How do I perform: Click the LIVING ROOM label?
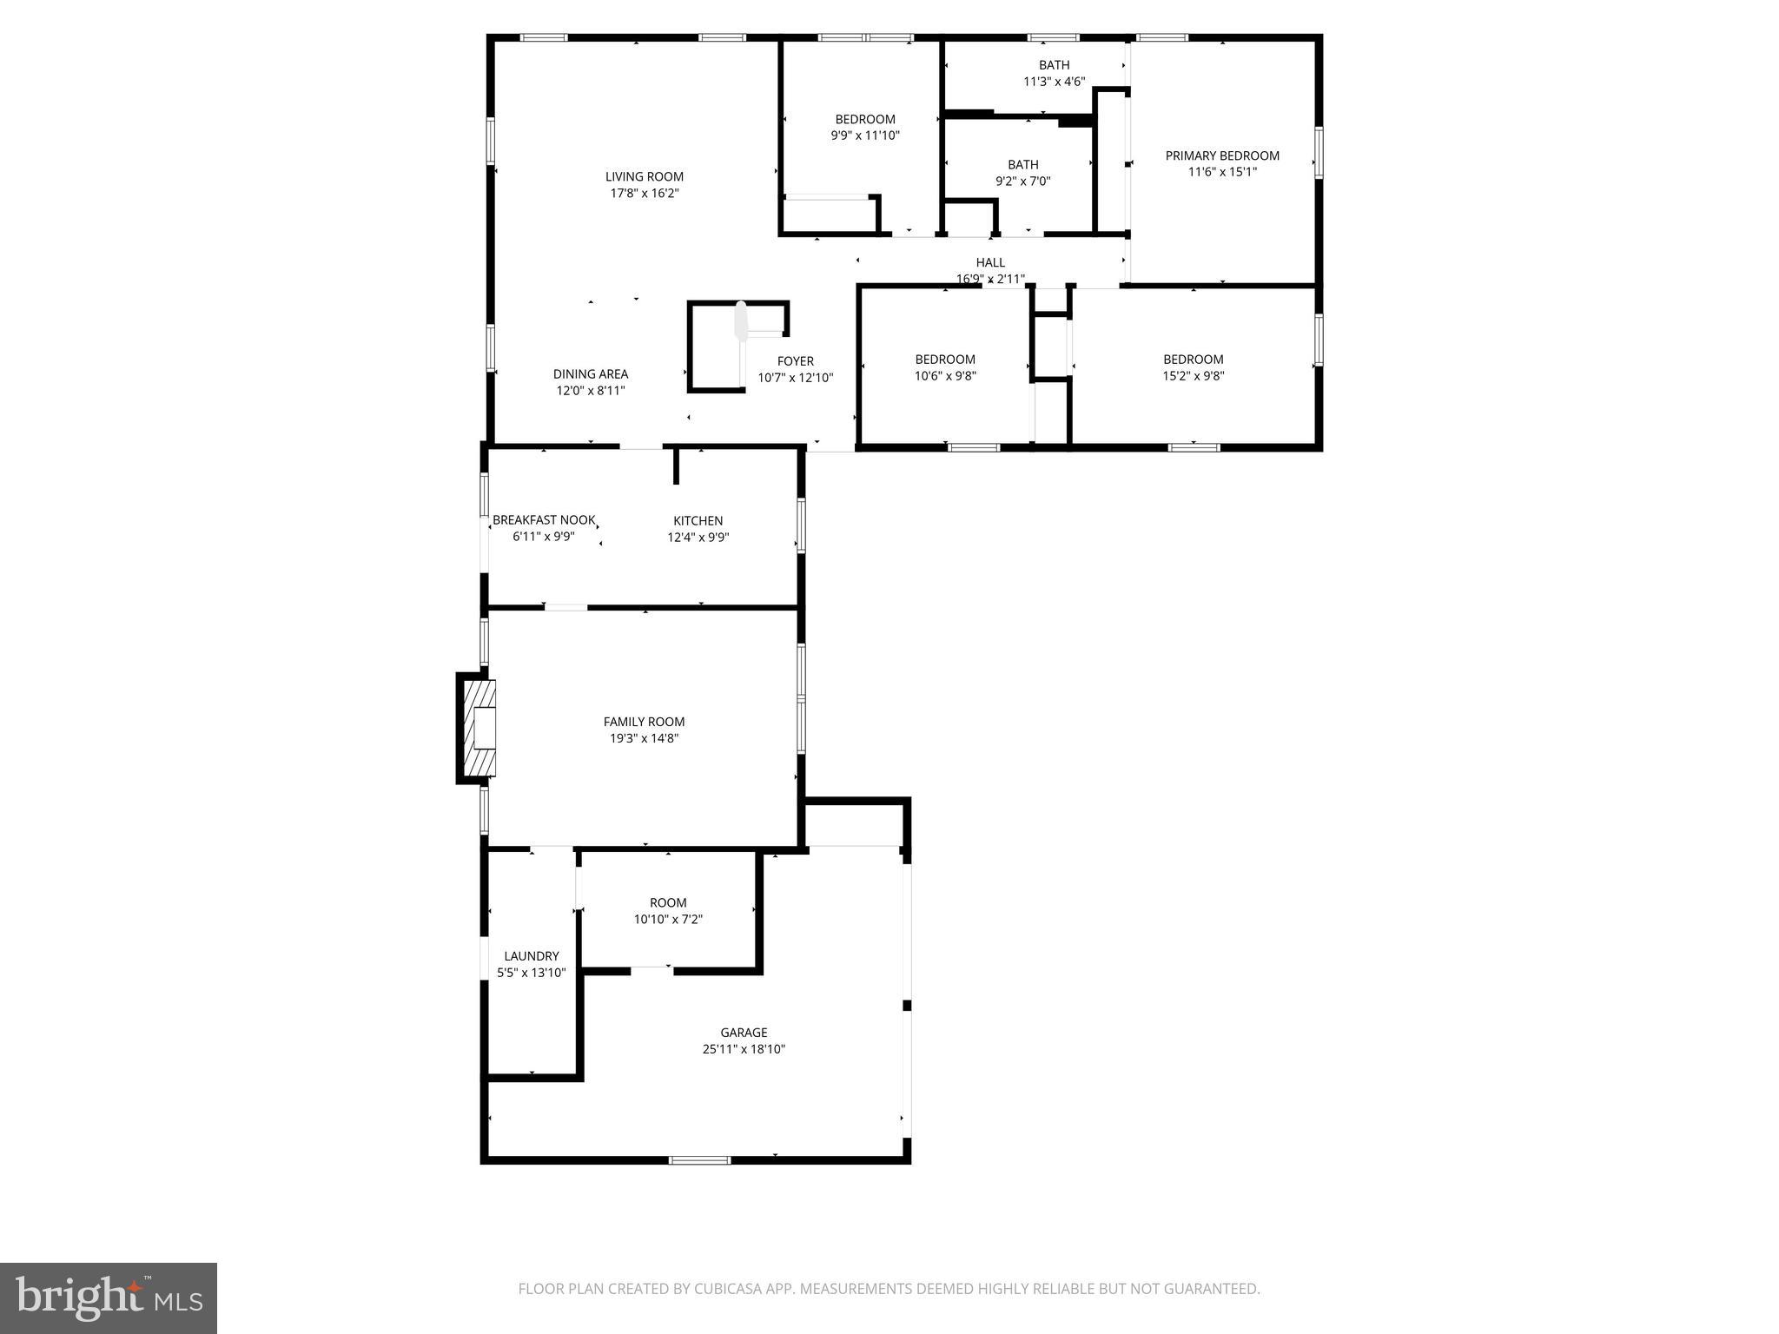pyautogui.click(x=644, y=177)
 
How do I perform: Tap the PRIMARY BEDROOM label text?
pyautogui.click(x=1221, y=156)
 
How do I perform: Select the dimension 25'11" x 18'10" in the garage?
pyautogui.click(x=744, y=1049)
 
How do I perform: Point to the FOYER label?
pyautogui.click(x=795, y=361)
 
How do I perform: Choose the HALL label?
pyautogui.click(x=989, y=262)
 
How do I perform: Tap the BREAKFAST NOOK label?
pyautogui.click(x=544, y=520)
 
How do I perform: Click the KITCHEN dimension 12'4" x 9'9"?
pyautogui.click(x=698, y=538)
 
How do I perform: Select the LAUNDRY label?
pyautogui.click(x=531, y=956)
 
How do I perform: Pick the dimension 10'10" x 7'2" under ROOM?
pyautogui.click(x=667, y=920)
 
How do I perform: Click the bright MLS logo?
pyautogui.click(x=109, y=1298)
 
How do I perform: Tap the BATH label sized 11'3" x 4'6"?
pyautogui.click(x=1054, y=65)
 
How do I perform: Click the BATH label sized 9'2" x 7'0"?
pyautogui.click(x=1022, y=165)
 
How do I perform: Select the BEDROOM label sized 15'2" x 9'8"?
pyautogui.click(x=1193, y=360)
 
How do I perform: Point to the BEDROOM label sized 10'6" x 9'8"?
pyautogui.click(x=944, y=360)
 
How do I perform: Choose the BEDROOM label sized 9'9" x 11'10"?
pyautogui.click(x=864, y=120)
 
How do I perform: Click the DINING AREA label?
pyautogui.click(x=590, y=374)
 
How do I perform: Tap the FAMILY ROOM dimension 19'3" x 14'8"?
pyautogui.click(x=644, y=739)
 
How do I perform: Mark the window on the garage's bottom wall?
pyautogui.click(x=699, y=1159)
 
